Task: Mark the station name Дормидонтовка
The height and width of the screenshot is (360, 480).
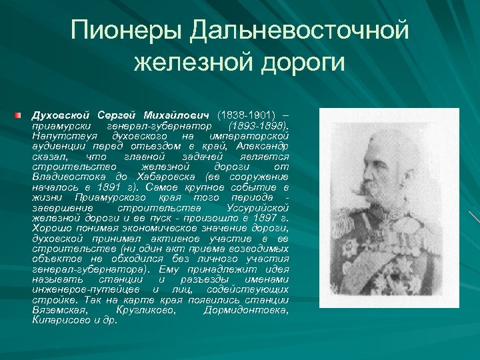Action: pyautogui.click(x=251, y=309)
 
